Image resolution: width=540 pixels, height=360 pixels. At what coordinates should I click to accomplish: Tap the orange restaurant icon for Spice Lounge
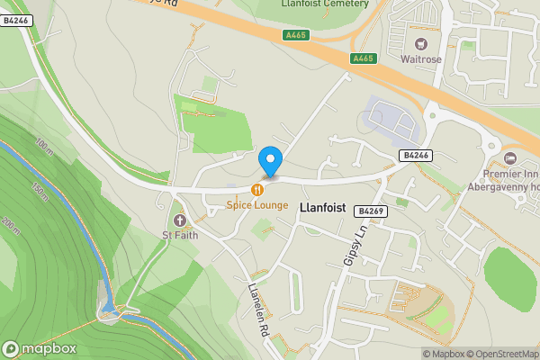tap(258, 190)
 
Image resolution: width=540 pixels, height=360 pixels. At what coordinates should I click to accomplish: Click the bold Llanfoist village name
tap(319, 206)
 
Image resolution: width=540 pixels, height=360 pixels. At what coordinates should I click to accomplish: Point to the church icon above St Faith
tap(179, 220)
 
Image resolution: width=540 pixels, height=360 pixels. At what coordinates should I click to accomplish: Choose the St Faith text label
tap(179, 236)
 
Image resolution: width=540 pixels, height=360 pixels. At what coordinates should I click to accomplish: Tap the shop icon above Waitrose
tap(419, 43)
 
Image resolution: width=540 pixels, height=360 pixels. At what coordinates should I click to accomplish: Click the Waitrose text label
tap(420, 58)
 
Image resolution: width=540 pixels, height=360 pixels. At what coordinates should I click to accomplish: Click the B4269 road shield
tap(371, 211)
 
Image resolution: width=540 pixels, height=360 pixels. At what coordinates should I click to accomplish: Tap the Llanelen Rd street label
tap(257, 310)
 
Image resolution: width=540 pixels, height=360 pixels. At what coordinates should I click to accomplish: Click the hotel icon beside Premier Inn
tap(511, 159)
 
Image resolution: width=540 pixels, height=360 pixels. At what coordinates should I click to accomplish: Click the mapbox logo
tap(39, 348)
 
